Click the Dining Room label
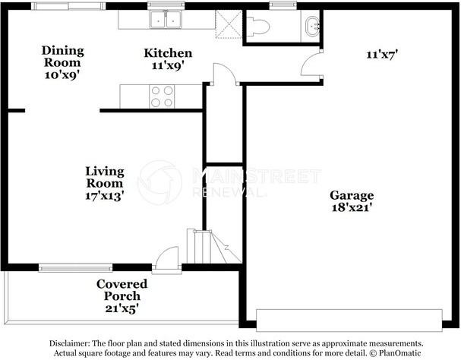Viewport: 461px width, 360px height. point(62,56)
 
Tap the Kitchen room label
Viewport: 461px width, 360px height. point(168,53)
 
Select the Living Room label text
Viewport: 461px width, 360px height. point(104,177)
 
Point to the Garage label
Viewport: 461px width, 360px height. point(349,193)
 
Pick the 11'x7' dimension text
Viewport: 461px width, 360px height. point(382,55)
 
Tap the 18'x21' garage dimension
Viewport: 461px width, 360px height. point(349,205)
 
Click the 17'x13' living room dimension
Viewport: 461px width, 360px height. point(105,195)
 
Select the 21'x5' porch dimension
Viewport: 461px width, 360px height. point(122,308)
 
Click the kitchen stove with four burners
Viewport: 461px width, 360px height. point(161,95)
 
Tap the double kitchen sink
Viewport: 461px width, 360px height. point(166,19)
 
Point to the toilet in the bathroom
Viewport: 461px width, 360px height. point(258,27)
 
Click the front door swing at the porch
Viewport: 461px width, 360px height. point(166,258)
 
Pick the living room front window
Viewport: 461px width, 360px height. point(75,267)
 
